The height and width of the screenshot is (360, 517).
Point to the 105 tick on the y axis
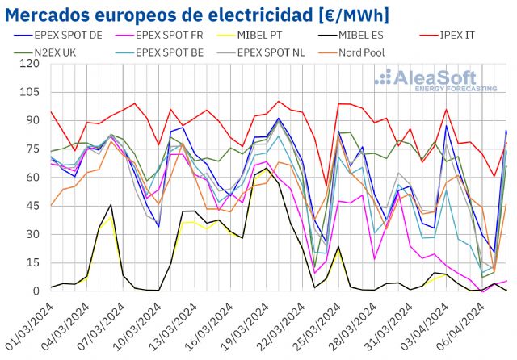[x=30, y=92]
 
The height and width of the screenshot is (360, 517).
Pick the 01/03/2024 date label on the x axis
[x=31, y=323]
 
